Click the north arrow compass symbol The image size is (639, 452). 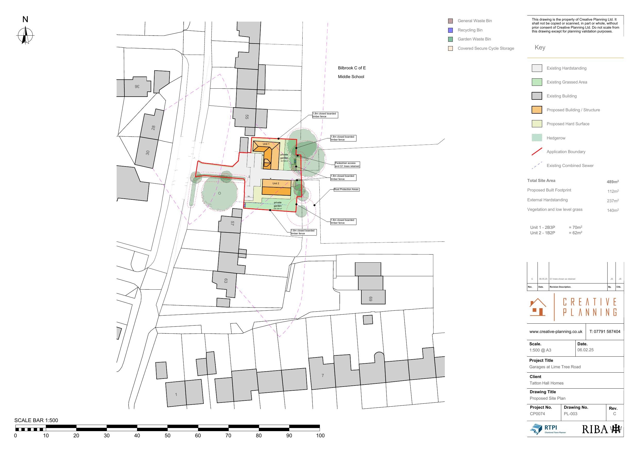(x=25, y=36)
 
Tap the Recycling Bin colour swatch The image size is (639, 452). (x=450, y=30)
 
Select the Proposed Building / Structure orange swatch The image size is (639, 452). (x=536, y=110)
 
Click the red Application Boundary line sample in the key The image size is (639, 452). (x=536, y=152)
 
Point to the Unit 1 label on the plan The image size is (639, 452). (x=266, y=144)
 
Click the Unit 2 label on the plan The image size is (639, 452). (x=276, y=183)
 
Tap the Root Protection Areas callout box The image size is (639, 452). (x=346, y=189)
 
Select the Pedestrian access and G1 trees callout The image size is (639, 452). (x=347, y=165)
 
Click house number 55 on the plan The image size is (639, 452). (x=246, y=117)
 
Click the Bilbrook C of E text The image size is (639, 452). (x=352, y=68)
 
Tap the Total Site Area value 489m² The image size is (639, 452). (x=612, y=182)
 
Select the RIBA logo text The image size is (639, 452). (x=595, y=429)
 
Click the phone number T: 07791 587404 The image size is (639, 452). (x=604, y=331)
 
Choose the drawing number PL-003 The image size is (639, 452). (x=570, y=414)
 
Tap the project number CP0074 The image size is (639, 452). (x=537, y=414)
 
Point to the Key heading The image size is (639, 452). (x=540, y=47)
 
